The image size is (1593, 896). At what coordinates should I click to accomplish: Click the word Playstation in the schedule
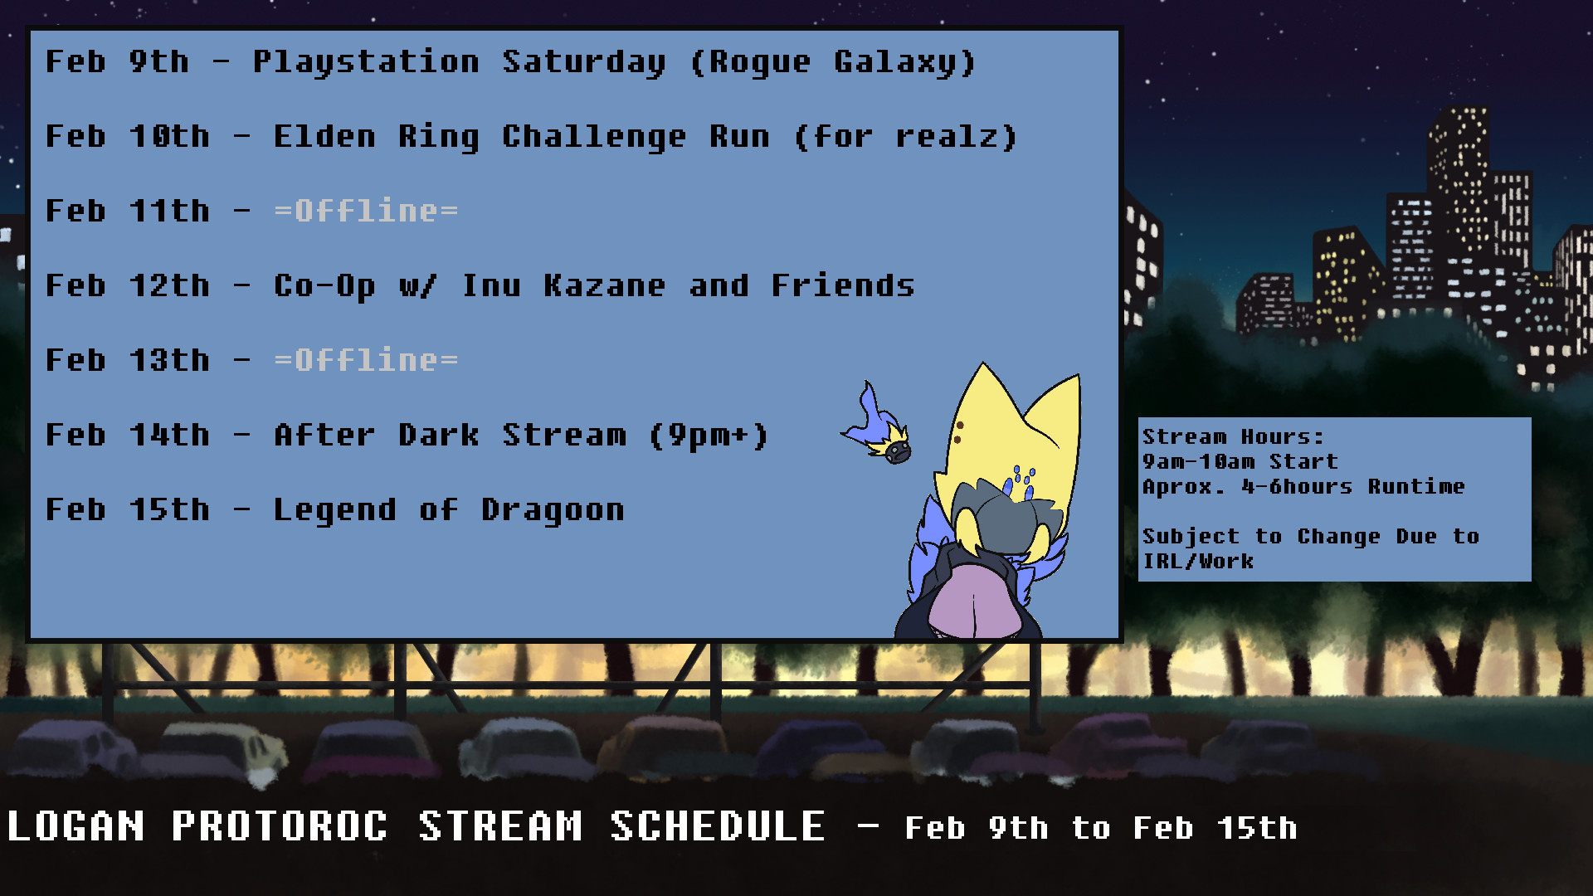pyautogui.click(x=366, y=62)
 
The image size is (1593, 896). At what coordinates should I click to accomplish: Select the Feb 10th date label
pyautogui.click(x=128, y=136)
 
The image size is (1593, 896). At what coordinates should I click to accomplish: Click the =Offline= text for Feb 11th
pyautogui.click(x=366, y=211)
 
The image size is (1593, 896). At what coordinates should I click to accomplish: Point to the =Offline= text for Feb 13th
pyautogui.click(x=366, y=360)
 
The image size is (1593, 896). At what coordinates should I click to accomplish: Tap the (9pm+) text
pyautogui.click(x=709, y=436)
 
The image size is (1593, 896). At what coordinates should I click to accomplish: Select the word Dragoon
pyautogui.click(x=553, y=510)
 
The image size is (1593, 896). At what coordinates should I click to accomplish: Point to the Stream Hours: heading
pyautogui.click(x=1233, y=436)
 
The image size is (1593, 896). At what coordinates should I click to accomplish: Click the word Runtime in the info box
pyautogui.click(x=1416, y=486)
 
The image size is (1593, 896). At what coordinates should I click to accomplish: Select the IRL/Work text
pyautogui.click(x=1198, y=561)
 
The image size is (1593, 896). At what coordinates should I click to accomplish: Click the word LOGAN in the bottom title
pyautogui.click(x=76, y=826)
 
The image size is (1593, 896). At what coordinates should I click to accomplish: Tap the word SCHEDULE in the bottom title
pyautogui.click(x=718, y=826)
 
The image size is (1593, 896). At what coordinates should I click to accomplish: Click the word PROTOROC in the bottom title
pyautogui.click(x=280, y=826)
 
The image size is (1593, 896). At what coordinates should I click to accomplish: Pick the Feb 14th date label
pyautogui.click(x=128, y=435)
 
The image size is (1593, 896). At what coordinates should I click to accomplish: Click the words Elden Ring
pyautogui.click(x=376, y=137)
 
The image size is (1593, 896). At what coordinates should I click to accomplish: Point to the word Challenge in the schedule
pyautogui.click(x=594, y=137)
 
